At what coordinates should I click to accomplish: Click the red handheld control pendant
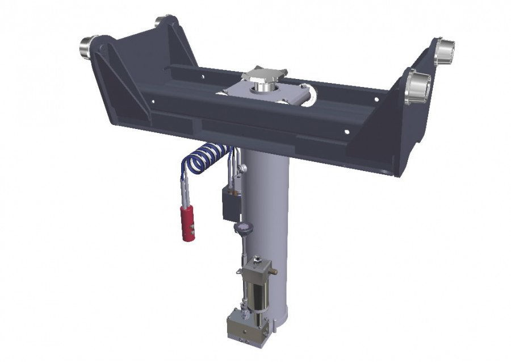pyautogui.click(x=187, y=223)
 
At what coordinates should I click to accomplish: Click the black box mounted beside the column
pyautogui.click(x=231, y=205)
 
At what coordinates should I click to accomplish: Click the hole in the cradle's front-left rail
pyautogui.click(x=153, y=102)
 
